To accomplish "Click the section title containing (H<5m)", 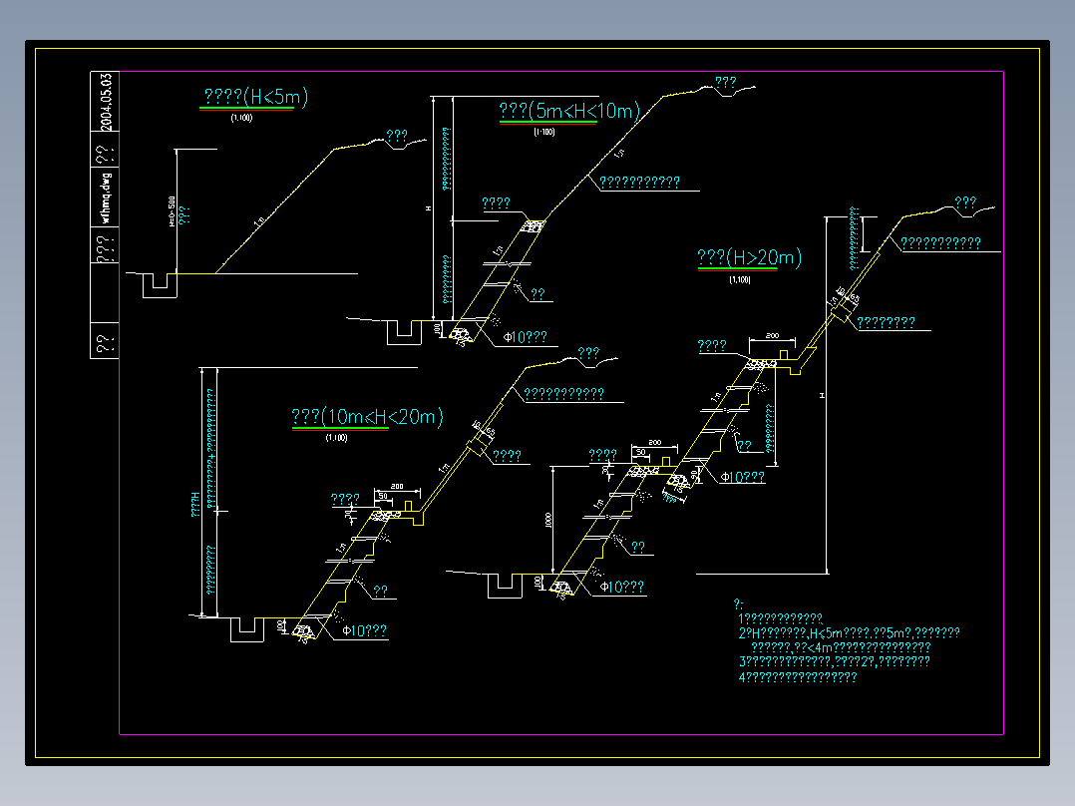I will pyautogui.click(x=255, y=97).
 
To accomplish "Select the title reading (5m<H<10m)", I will pyautogui.click(x=568, y=111).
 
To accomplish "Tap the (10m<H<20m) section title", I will pyautogui.click(x=367, y=417).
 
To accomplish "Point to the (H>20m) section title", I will pyautogui.click(x=749, y=257).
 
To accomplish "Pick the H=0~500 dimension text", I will pyautogui.click(x=171, y=211).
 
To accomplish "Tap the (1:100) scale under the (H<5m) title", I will pyautogui.click(x=241, y=118).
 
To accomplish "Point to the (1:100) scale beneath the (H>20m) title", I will pyautogui.click(x=740, y=279).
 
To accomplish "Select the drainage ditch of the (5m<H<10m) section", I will pyautogui.click(x=406, y=331).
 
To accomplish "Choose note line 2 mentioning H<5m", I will pyautogui.click(x=849, y=633).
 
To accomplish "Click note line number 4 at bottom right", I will pyautogui.click(x=798, y=677).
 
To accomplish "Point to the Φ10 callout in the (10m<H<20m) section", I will pyautogui.click(x=365, y=630).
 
